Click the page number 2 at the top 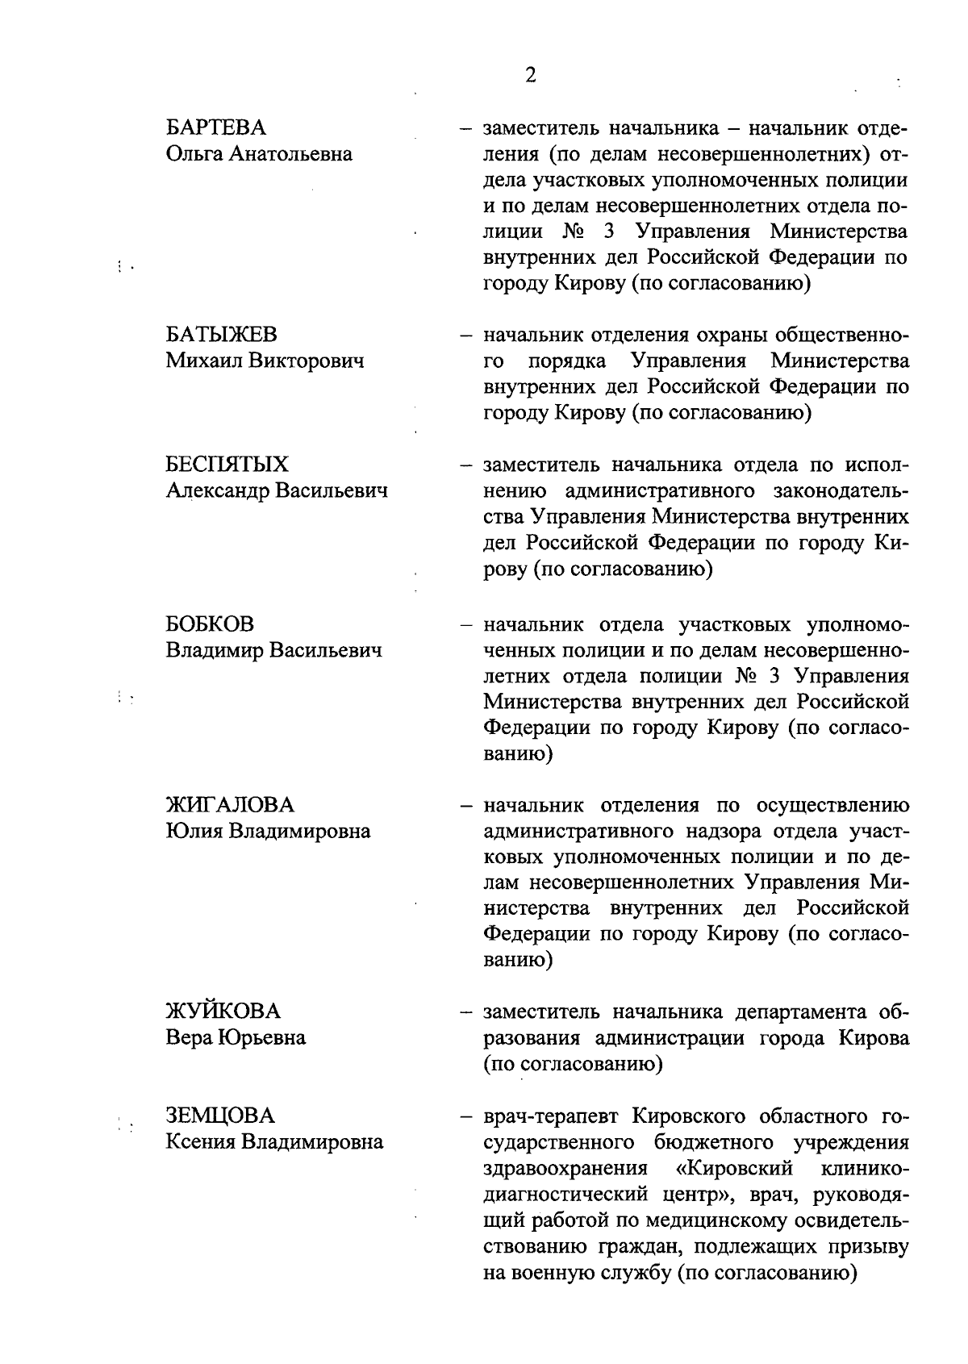coord(530,76)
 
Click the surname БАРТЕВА coord(215,128)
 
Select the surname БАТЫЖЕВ coord(221,335)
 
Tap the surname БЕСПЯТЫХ coord(227,465)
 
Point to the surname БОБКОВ coord(210,624)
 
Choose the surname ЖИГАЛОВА coord(230,805)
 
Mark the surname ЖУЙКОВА coord(223,1012)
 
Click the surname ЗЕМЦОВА coord(220,1116)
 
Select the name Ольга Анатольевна coord(259,154)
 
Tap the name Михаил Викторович coord(265,361)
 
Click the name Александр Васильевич coord(277,490)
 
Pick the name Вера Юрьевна coord(236,1037)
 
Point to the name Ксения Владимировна coord(274,1141)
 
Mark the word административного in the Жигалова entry coord(579,832)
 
